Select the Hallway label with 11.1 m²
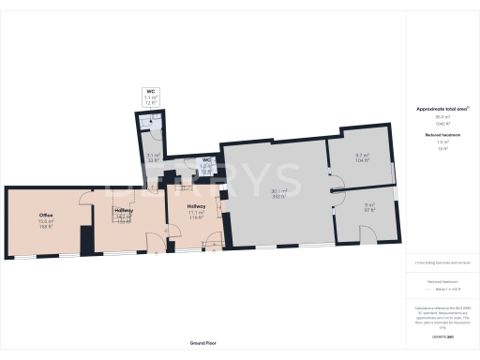[x=196, y=206]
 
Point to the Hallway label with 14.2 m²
[x=123, y=210]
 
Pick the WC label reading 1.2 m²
[x=207, y=160]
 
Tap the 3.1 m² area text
[x=153, y=156]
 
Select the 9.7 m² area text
[x=362, y=156]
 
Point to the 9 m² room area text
[x=368, y=205]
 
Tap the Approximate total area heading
[x=442, y=110]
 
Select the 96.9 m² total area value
[x=442, y=117]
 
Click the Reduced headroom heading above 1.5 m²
[x=442, y=136]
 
